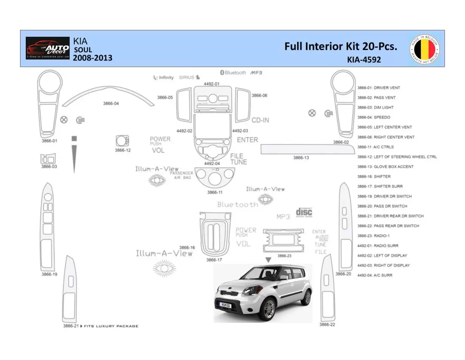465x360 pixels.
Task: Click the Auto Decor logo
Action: click(x=48, y=48)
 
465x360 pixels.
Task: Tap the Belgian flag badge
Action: click(x=424, y=50)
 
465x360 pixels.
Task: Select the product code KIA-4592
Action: click(x=364, y=59)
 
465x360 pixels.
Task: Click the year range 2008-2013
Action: click(x=92, y=58)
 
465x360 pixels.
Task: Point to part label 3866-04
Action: click(x=111, y=103)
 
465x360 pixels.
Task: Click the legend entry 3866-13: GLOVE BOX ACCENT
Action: click(x=385, y=167)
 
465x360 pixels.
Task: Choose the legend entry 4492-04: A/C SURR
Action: click(x=374, y=275)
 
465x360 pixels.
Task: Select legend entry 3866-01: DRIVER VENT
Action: click(x=378, y=88)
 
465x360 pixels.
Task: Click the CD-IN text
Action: click(x=260, y=120)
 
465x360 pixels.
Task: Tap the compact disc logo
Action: click(x=304, y=212)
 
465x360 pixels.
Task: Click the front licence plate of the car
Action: click(x=225, y=304)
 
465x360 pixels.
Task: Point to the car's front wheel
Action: click(x=269, y=308)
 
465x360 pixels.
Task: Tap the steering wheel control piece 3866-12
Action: click(x=123, y=141)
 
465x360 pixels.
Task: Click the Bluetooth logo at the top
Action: click(x=233, y=72)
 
